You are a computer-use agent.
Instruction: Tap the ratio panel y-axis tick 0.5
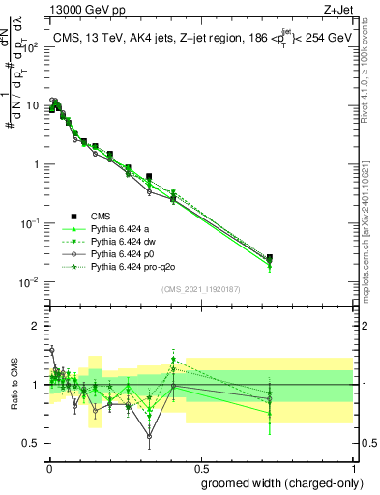(32, 444)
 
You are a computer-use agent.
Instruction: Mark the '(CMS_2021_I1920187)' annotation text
(201, 289)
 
